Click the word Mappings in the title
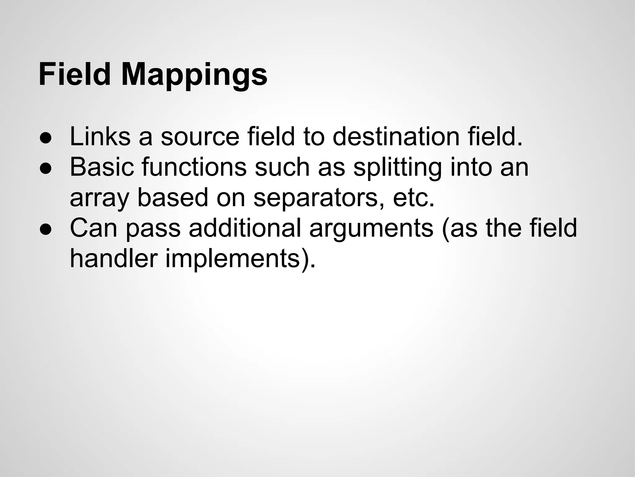pyautogui.click(x=194, y=75)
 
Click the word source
pyautogui.click(x=200, y=137)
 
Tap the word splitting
pyautogui.click(x=397, y=168)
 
